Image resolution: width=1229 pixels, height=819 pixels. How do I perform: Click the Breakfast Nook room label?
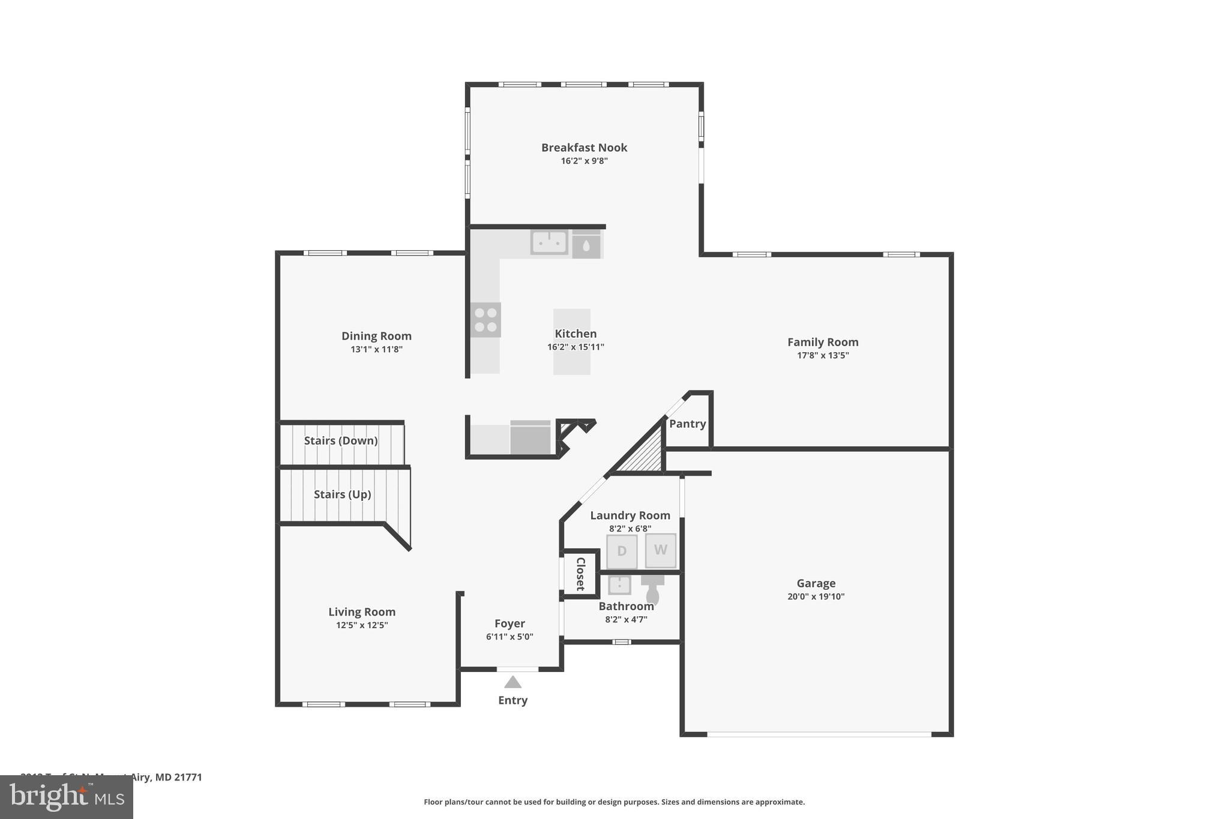click(584, 148)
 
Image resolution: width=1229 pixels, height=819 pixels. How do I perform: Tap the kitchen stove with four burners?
click(485, 320)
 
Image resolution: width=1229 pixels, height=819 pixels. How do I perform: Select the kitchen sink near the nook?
click(549, 242)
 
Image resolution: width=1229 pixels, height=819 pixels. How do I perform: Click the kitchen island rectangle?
click(571, 341)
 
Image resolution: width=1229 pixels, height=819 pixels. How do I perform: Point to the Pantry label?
click(687, 424)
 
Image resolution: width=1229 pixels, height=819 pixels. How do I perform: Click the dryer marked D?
click(622, 551)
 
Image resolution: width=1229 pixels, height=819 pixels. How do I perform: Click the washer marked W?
click(660, 550)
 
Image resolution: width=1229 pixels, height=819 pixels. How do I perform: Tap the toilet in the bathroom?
click(652, 591)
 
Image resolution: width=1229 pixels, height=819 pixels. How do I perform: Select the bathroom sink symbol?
click(619, 584)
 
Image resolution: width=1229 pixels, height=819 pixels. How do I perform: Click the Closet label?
click(580, 574)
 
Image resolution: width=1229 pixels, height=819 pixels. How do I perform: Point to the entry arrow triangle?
click(512, 682)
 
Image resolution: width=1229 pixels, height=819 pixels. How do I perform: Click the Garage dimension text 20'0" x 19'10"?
click(816, 596)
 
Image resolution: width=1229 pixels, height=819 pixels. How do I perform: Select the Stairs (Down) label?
click(341, 441)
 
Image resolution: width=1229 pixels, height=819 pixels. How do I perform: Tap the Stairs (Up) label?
click(342, 494)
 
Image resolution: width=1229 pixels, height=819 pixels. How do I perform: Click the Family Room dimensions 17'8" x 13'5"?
click(822, 355)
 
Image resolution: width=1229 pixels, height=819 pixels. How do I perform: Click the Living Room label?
click(361, 612)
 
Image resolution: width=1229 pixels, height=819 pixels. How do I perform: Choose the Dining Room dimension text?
click(376, 349)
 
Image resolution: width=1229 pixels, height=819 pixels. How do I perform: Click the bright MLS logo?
click(67, 797)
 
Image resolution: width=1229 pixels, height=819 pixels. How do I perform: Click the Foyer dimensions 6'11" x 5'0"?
click(509, 637)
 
